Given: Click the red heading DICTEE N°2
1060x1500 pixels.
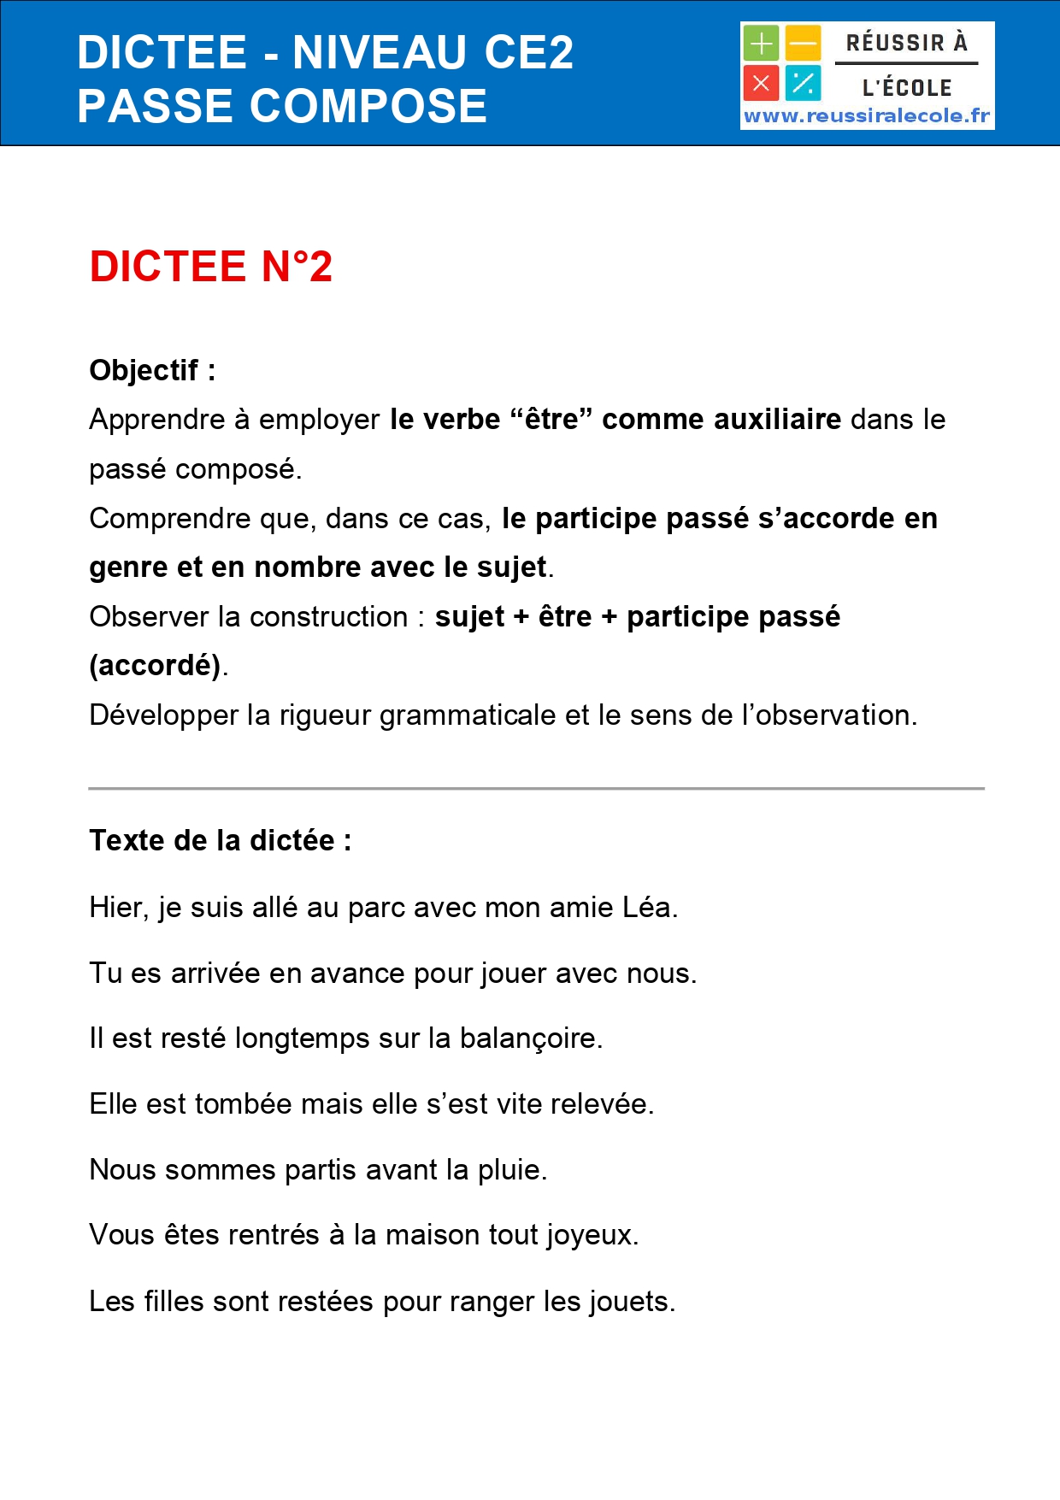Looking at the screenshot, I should point(210,267).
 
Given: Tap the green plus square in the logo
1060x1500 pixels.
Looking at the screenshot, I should point(760,43).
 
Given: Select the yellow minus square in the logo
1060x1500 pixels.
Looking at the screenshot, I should point(804,43).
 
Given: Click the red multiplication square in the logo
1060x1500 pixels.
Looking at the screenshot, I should point(760,84).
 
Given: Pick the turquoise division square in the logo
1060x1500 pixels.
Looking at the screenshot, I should point(804,84).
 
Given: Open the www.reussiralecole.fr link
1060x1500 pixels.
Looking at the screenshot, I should point(867,116).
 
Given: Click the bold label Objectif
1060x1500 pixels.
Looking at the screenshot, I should point(144,370).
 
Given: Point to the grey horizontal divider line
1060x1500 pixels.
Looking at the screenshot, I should point(536,788).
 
